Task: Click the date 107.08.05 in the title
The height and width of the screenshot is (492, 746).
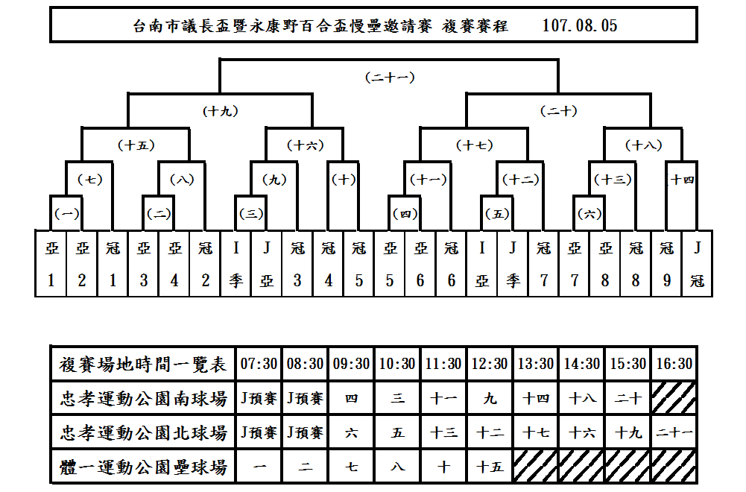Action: tap(580, 25)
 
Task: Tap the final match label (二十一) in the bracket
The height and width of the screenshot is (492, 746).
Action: tap(390, 77)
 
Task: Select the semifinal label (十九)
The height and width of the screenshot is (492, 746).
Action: tap(221, 111)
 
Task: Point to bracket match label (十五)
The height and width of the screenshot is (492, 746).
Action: tap(136, 145)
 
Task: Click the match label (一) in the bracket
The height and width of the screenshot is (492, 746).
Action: tap(66, 214)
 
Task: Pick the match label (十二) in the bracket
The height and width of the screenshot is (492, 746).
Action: tap(520, 180)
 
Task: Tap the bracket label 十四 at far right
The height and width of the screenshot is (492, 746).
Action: tap(682, 180)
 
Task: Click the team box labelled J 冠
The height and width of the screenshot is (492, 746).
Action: tap(697, 264)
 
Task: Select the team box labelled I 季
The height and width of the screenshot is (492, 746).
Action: tap(236, 264)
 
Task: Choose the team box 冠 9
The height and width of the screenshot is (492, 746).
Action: tap(666, 264)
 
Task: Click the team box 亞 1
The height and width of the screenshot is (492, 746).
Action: tap(51, 264)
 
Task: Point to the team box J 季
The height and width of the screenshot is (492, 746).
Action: tap(513, 264)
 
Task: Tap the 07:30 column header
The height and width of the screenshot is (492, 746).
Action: tap(259, 364)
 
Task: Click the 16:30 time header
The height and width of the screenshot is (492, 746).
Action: tap(674, 364)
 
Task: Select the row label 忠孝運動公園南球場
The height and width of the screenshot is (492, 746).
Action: tap(143, 398)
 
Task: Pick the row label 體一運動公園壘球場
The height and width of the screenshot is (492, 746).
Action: tap(143, 467)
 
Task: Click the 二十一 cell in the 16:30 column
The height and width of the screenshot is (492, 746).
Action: tap(674, 432)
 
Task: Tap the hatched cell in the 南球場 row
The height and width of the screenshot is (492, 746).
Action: tap(674, 398)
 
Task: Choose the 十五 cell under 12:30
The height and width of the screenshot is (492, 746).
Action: tap(490, 467)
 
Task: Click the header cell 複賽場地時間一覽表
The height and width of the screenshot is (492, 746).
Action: tap(143, 364)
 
